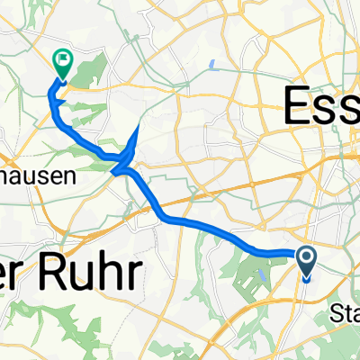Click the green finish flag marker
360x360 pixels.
click(63, 61)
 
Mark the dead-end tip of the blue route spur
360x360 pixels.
click(138, 129)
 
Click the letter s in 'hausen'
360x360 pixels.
click(35, 178)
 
